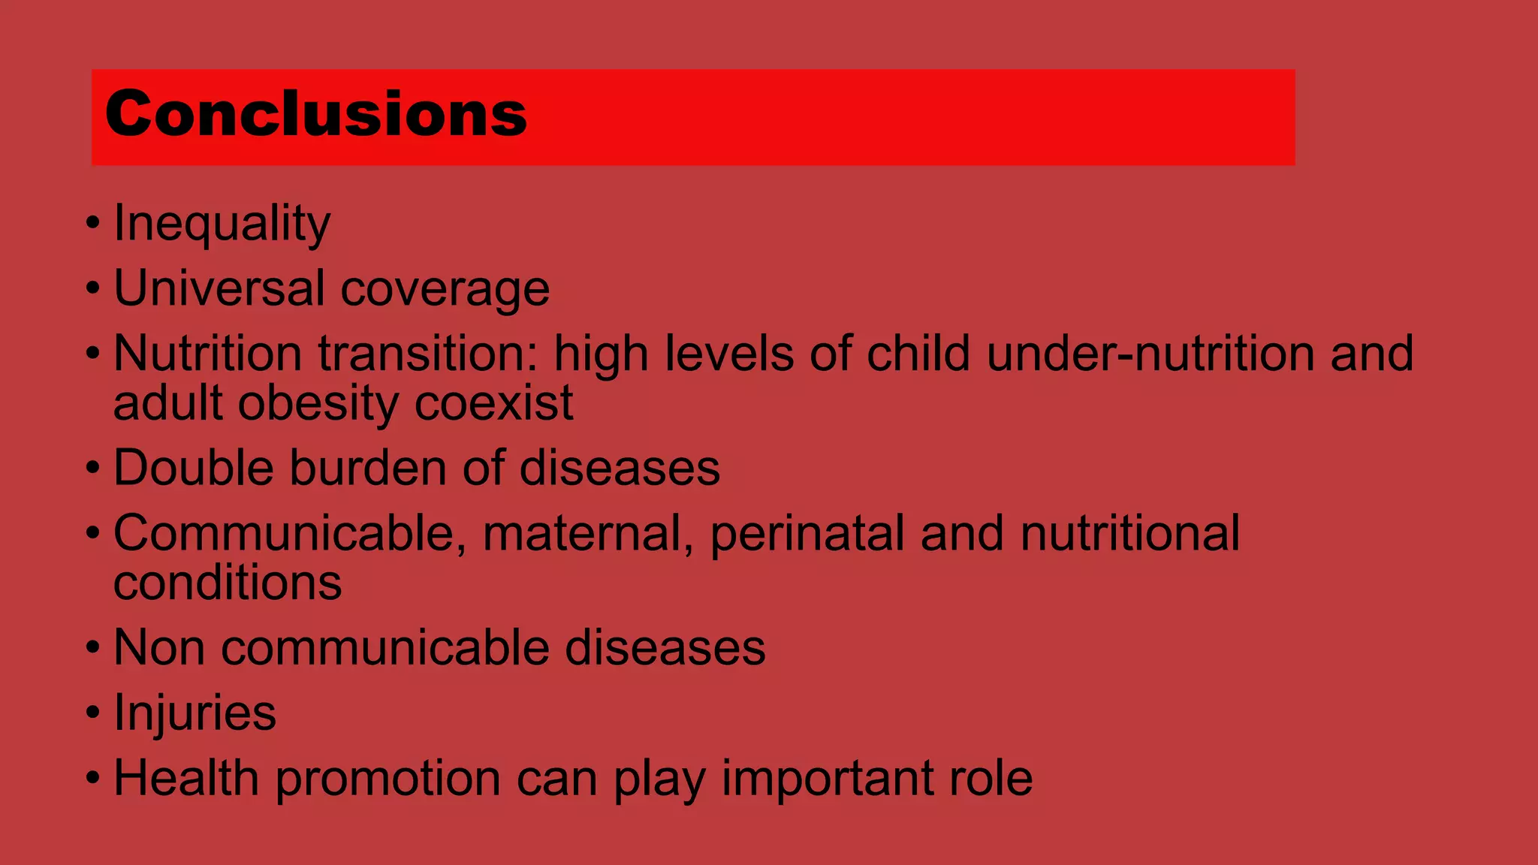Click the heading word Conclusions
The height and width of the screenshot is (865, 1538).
[x=315, y=114]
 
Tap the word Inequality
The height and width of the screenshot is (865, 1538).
[x=222, y=224]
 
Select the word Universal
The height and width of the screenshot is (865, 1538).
[x=219, y=288]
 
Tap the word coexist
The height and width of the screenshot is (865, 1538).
[x=493, y=403]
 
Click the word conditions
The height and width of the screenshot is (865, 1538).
[x=228, y=583]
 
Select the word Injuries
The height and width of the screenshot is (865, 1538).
[x=195, y=713]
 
